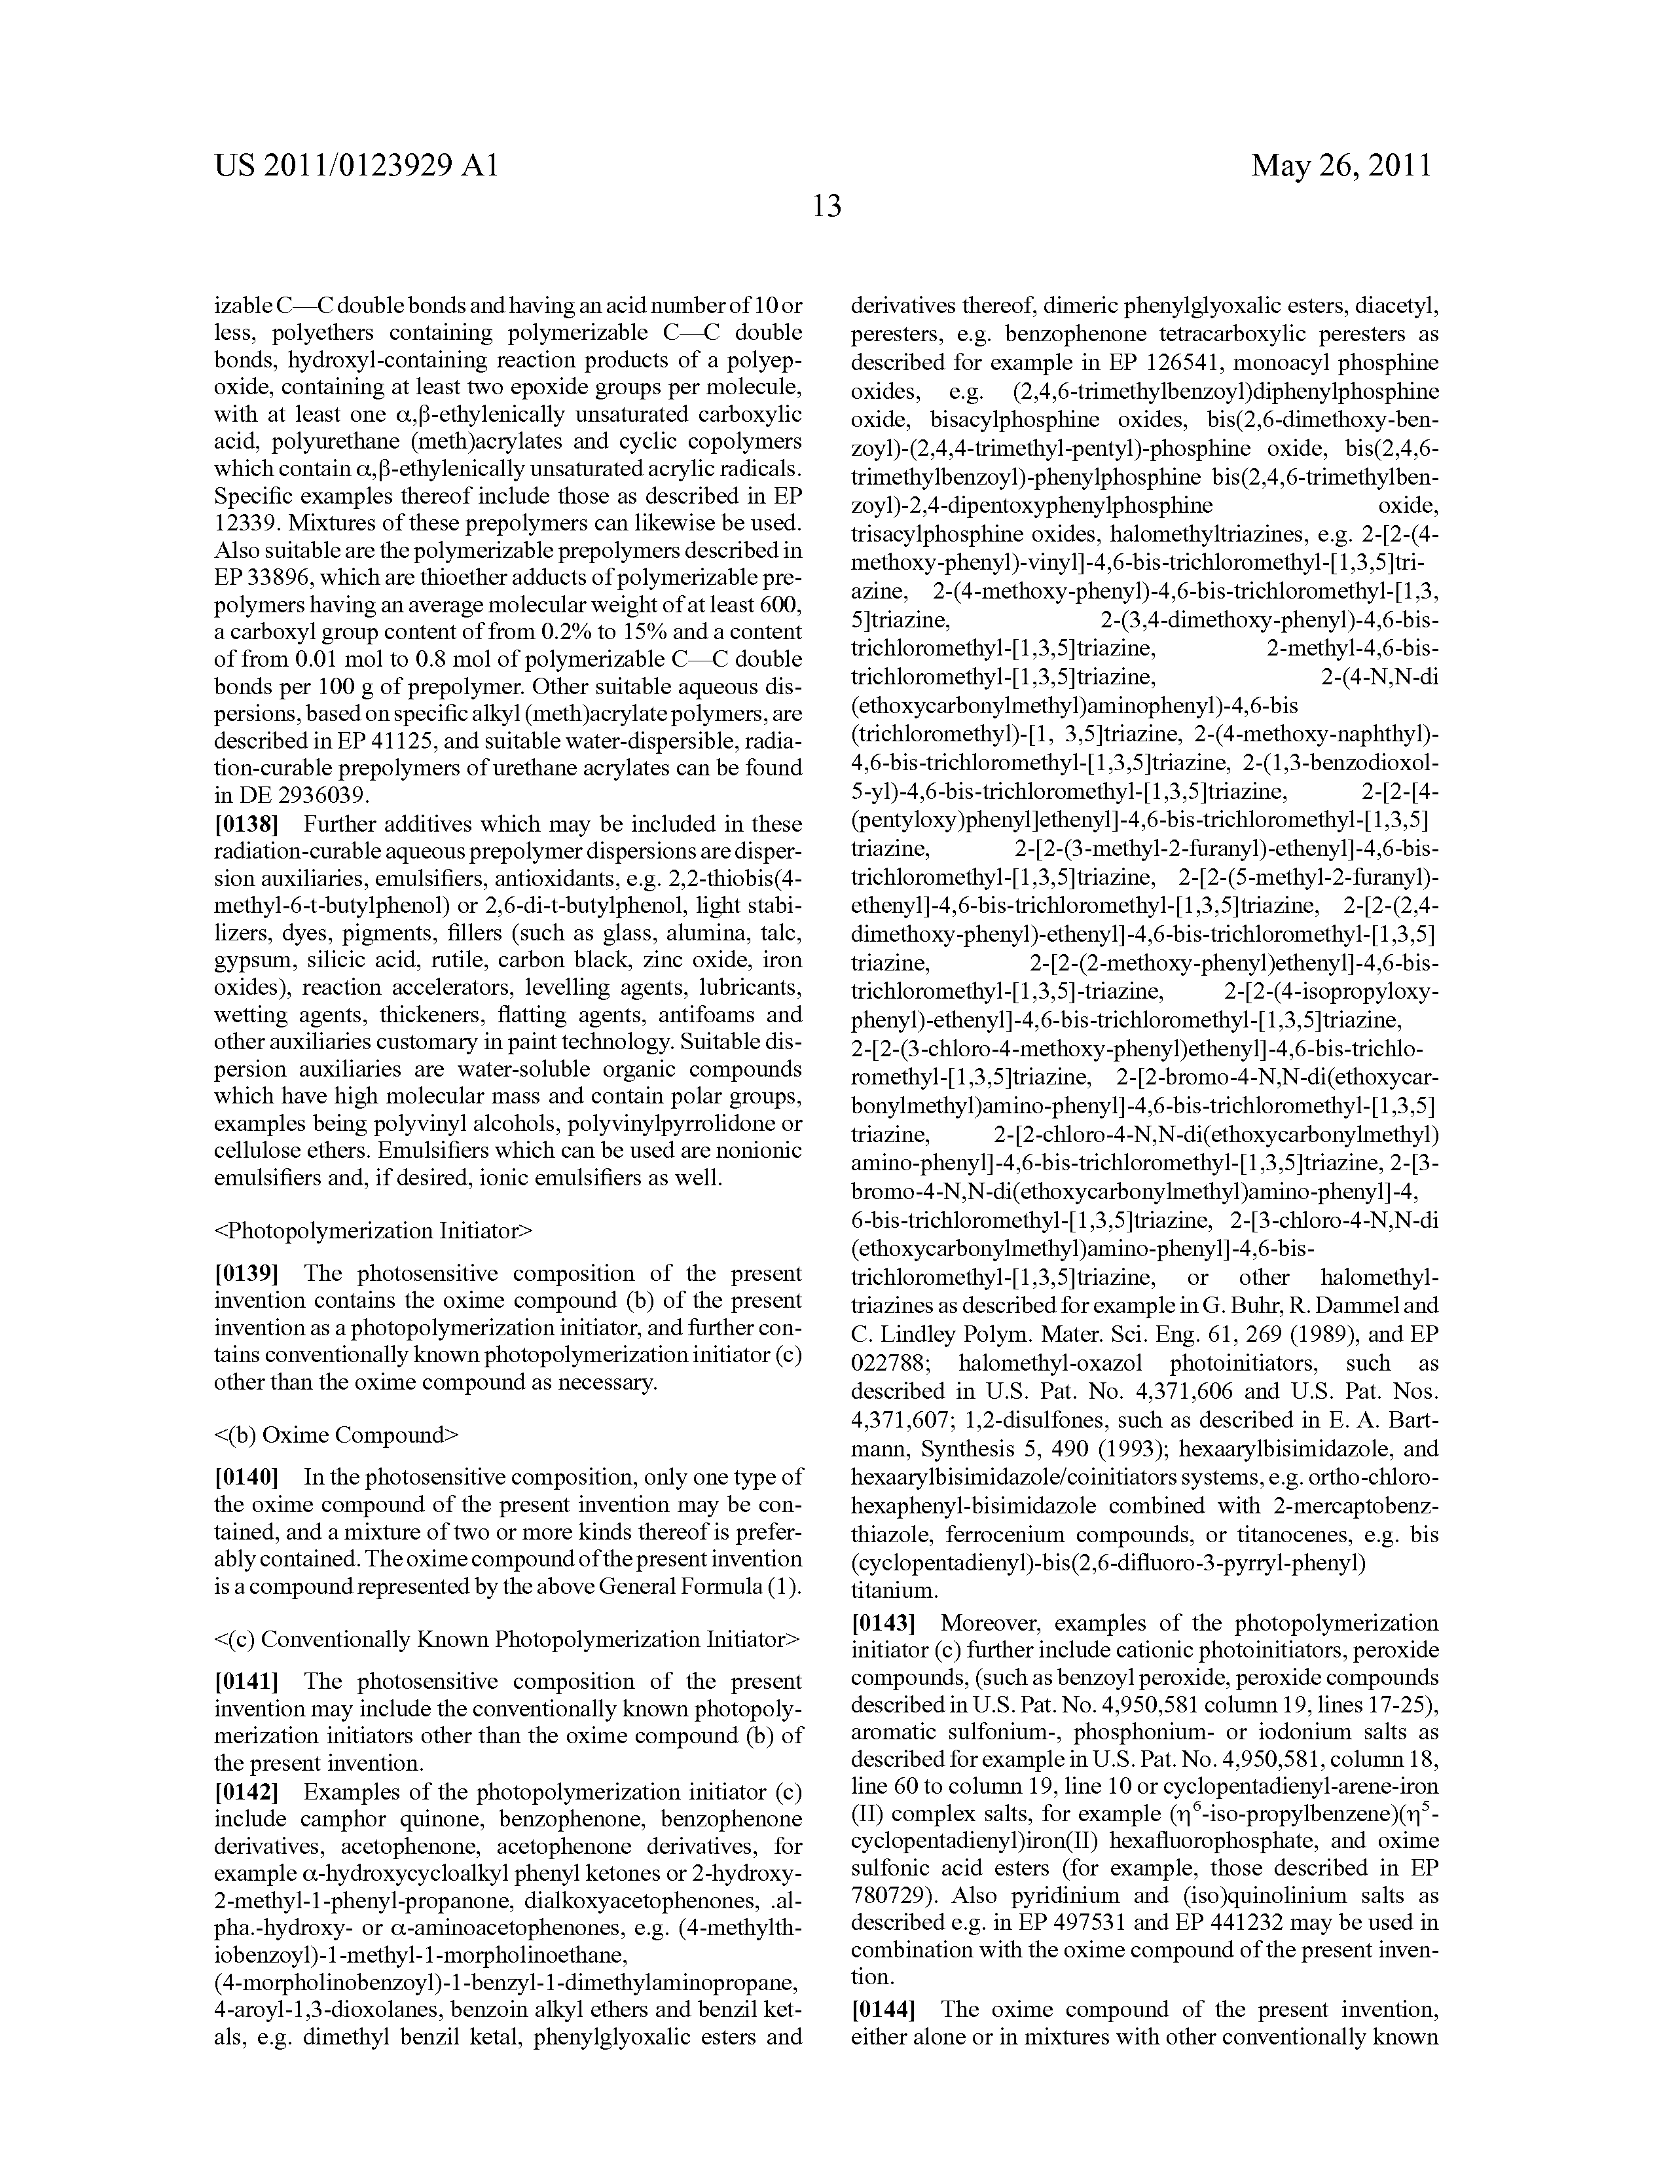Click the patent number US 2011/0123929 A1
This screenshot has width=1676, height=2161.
point(356,165)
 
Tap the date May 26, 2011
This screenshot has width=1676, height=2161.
point(1341,165)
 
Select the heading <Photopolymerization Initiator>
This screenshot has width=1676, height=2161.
point(373,1231)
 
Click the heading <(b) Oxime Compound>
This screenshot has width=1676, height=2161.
point(337,1435)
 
